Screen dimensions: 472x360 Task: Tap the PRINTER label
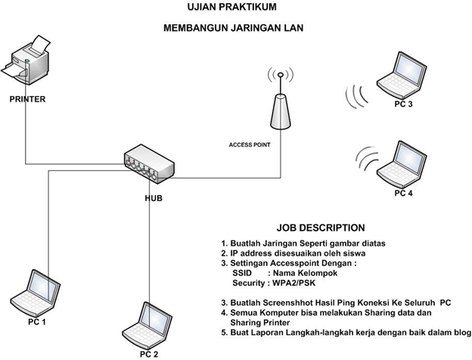pyautogui.click(x=27, y=99)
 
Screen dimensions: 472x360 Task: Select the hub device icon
pyautogui.click(x=149, y=164)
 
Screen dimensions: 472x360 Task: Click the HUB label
pyautogui.click(x=154, y=198)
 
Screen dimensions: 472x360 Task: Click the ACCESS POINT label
pyautogui.click(x=250, y=144)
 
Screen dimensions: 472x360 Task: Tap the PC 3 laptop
pyautogui.click(x=402, y=76)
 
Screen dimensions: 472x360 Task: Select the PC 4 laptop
pyautogui.click(x=402, y=166)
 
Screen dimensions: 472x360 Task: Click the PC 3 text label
pyautogui.click(x=403, y=104)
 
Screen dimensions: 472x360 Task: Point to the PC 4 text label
pyautogui.click(x=403, y=193)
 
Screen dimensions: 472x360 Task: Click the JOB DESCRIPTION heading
pyautogui.click(x=321, y=228)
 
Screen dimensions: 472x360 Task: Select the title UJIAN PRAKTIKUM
pyautogui.click(x=231, y=7)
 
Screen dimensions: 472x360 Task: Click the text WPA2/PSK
pyautogui.click(x=293, y=283)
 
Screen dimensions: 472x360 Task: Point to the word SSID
pyautogui.click(x=242, y=273)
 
